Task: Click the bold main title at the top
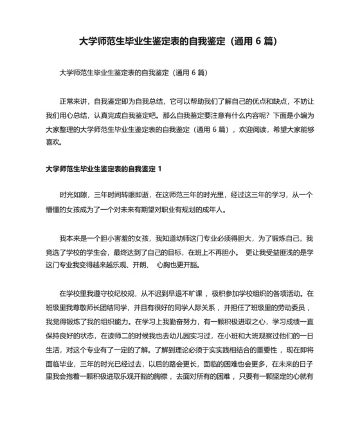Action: (x=180, y=41)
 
